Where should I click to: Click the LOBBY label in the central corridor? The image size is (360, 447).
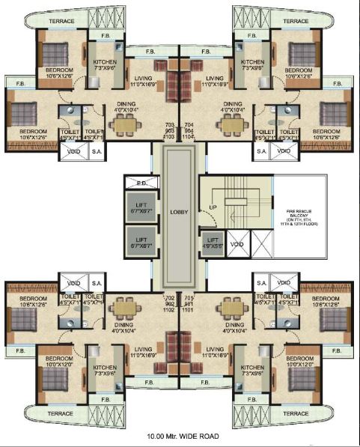[180, 212]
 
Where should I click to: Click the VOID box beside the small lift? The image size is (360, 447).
[237, 244]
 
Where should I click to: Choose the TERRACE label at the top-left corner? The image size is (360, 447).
[61, 21]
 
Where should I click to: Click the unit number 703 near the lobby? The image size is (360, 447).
[168, 125]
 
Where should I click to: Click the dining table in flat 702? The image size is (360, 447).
[124, 308]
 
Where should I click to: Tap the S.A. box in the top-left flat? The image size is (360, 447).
[97, 151]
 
